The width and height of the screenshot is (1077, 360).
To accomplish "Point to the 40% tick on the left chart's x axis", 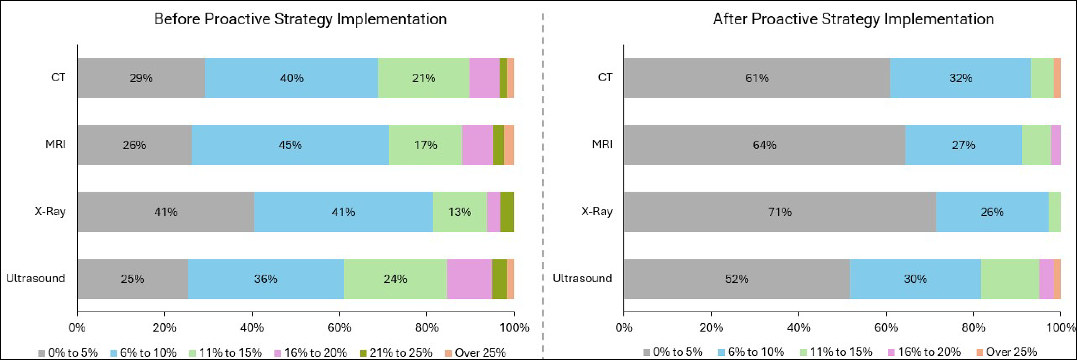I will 252,327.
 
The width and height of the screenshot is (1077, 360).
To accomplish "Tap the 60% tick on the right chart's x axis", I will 886,327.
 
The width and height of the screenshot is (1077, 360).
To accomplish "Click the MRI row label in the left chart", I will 55,145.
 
